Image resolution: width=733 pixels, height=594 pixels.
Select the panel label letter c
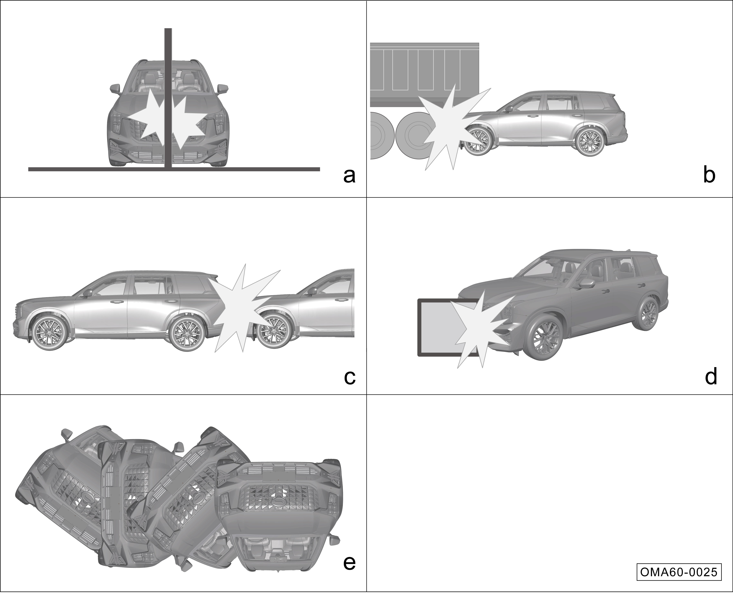[350, 377]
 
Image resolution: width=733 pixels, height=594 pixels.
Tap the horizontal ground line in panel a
[174, 169]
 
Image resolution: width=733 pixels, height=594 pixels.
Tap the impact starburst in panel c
[245, 308]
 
